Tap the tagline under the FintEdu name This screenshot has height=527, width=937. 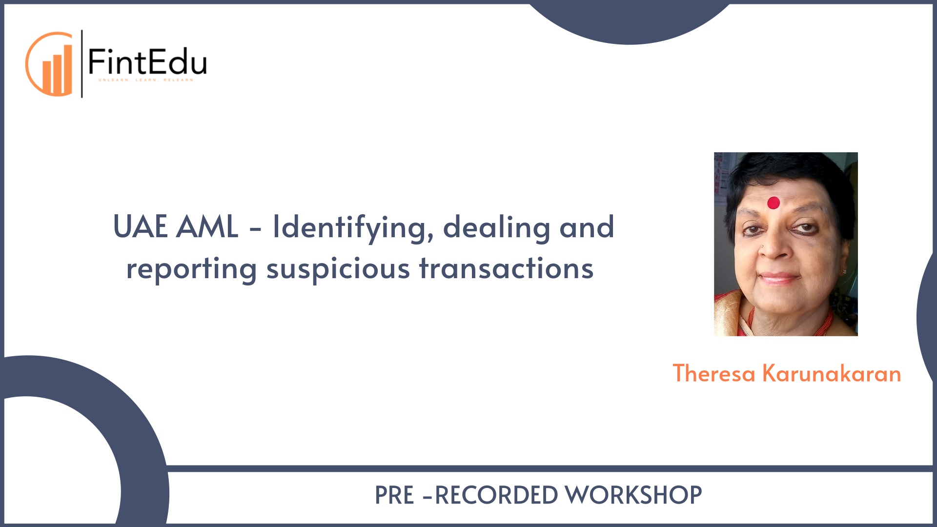tap(146, 80)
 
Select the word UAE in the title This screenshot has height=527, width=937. tap(141, 227)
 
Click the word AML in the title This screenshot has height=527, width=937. tap(207, 227)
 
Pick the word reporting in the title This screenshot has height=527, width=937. tap(191, 269)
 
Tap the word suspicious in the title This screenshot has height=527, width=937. tap(338, 269)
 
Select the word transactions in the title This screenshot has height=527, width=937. tap(506, 268)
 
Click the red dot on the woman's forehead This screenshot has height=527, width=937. tap(774, 203)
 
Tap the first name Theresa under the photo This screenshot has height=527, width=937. tap(714, 374)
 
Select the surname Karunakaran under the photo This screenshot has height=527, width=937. tap(832, 374)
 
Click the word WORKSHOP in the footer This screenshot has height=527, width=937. tap(633, 495)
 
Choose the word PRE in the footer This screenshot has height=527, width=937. tap(394, 495)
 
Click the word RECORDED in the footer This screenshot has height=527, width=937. tap(496, 495)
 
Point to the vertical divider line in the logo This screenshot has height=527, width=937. tap(82, 64)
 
